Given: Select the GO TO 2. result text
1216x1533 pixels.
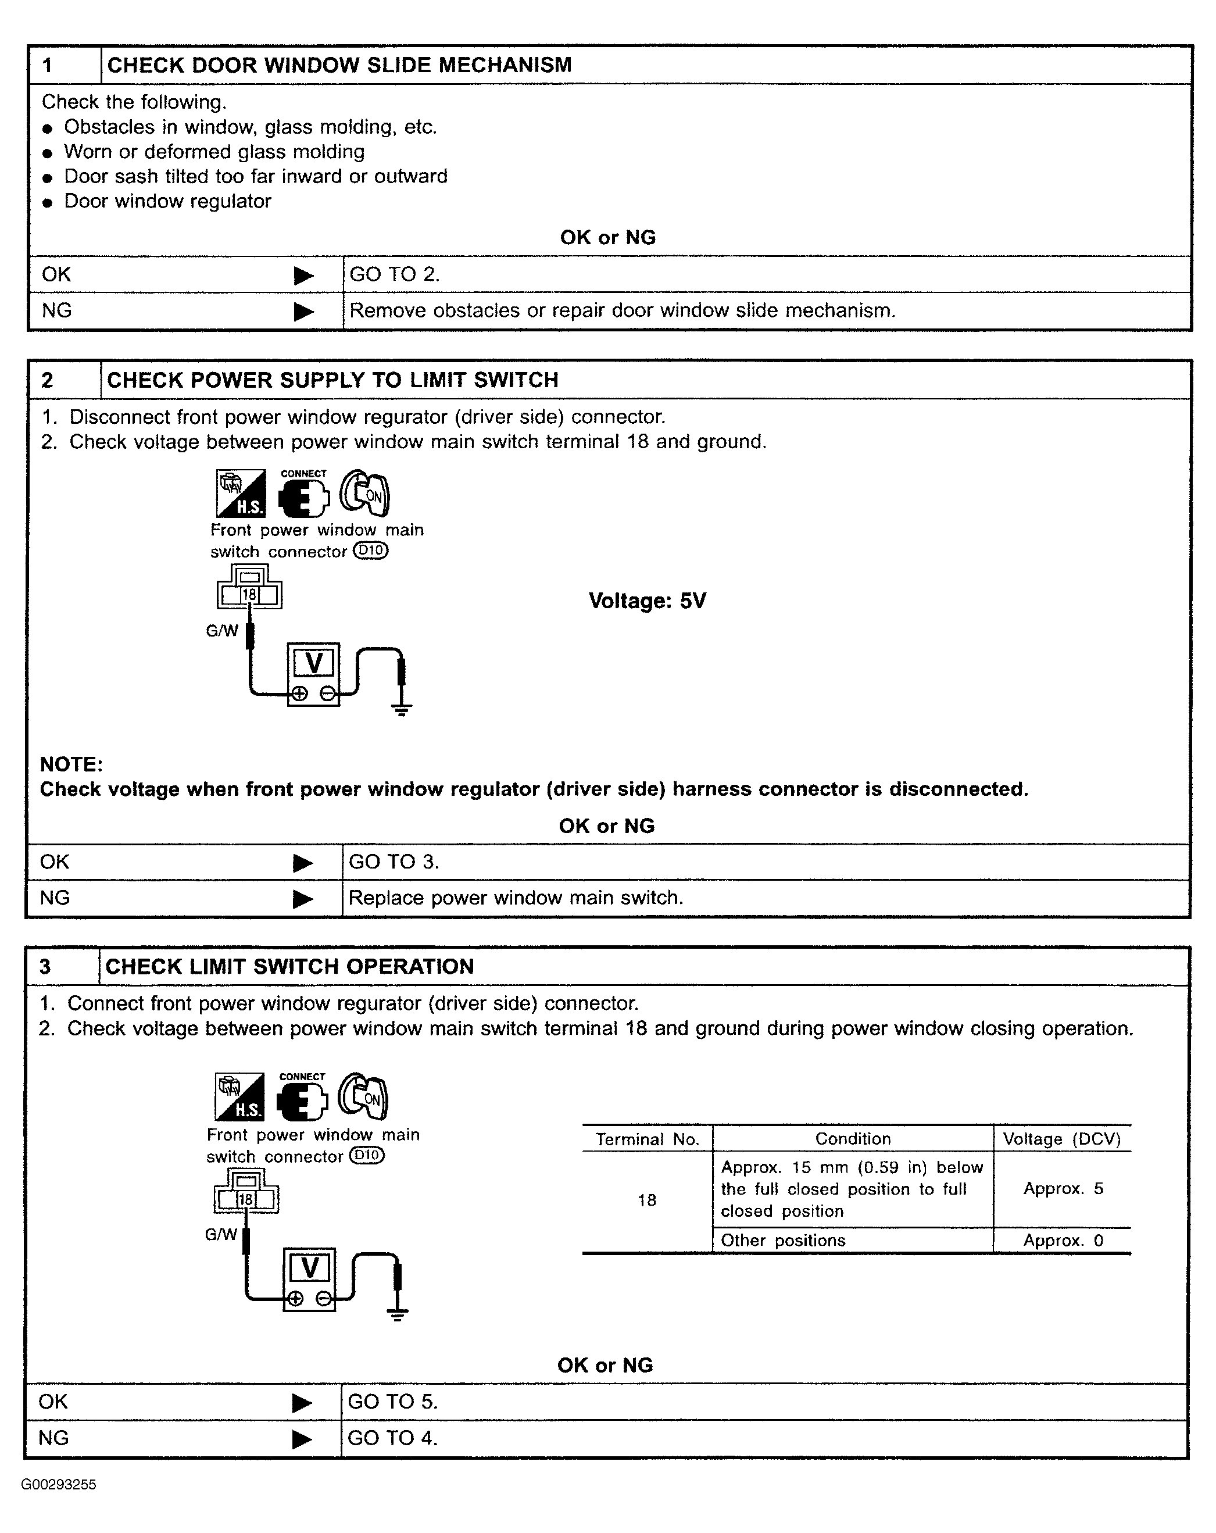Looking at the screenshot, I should click(395, 274).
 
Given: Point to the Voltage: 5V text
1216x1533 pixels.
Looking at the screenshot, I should click(647, 601).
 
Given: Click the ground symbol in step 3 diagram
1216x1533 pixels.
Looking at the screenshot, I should click(398, 1313).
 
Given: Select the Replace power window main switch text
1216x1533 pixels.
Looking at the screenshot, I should click(516, 898).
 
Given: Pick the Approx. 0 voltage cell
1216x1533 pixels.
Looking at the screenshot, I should click(1063, 1241).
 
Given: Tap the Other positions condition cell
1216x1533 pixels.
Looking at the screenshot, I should click(783, 1241).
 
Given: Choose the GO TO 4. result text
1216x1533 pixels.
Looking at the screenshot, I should click(392, 1438).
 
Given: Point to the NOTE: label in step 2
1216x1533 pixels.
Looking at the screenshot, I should click(71, 764).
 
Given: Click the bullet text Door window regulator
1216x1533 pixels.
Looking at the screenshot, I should click(168, 201).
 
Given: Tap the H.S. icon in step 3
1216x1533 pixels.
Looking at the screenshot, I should click(239, 1096).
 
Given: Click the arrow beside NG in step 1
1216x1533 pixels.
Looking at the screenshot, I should click(303, 312).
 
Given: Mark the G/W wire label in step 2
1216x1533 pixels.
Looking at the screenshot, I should click(222, 631).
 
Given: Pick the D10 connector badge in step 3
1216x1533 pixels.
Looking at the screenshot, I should click(367, 1156).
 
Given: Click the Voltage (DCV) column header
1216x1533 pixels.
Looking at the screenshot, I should click(1062, 1139).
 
